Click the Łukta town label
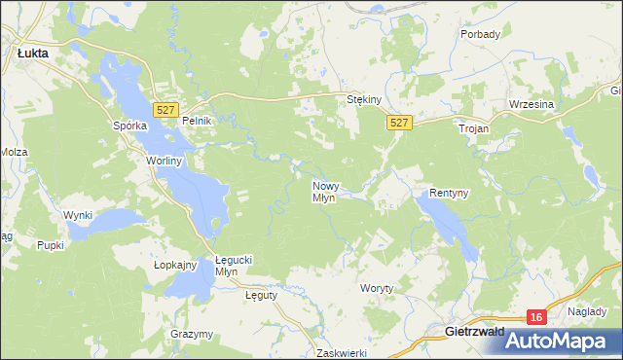[x=34, y=54]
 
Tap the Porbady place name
[x=481, y=34]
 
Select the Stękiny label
[x=364, y=99]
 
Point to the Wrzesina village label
[x=531, y=104]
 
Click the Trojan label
[x=474, y=127]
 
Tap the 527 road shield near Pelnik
[x=165, y=110]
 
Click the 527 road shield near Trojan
[x=399, y=123]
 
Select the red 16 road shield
[x=536, y=317]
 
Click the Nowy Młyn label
[x=324, y=190]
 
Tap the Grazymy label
[x=191, y=334]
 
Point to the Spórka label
[x=129, y=126]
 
